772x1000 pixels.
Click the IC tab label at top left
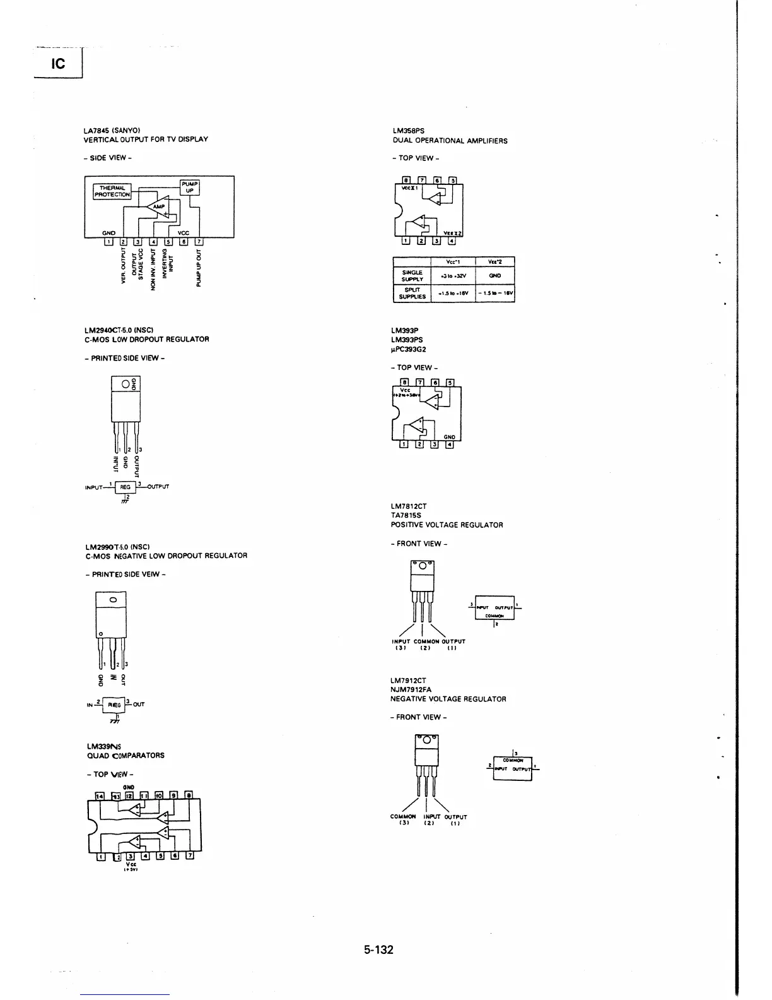(58, 64)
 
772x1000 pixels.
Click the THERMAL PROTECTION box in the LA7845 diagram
(112, 191)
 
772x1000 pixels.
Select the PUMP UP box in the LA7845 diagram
(190, 187)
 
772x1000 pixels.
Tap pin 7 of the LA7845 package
(199, 241)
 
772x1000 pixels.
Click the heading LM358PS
(409, 131)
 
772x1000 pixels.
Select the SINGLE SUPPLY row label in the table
(412, 276)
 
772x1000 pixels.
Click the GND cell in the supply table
(495, 276)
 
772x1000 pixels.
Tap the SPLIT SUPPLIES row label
(412, 294)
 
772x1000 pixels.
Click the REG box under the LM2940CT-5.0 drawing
(126, 487)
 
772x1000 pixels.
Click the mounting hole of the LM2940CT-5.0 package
(126, 384)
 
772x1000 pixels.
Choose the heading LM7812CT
(409, 506)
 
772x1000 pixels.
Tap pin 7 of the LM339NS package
(189, 856)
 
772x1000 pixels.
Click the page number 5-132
(378, 949)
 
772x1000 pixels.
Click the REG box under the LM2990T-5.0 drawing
(114, 705)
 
